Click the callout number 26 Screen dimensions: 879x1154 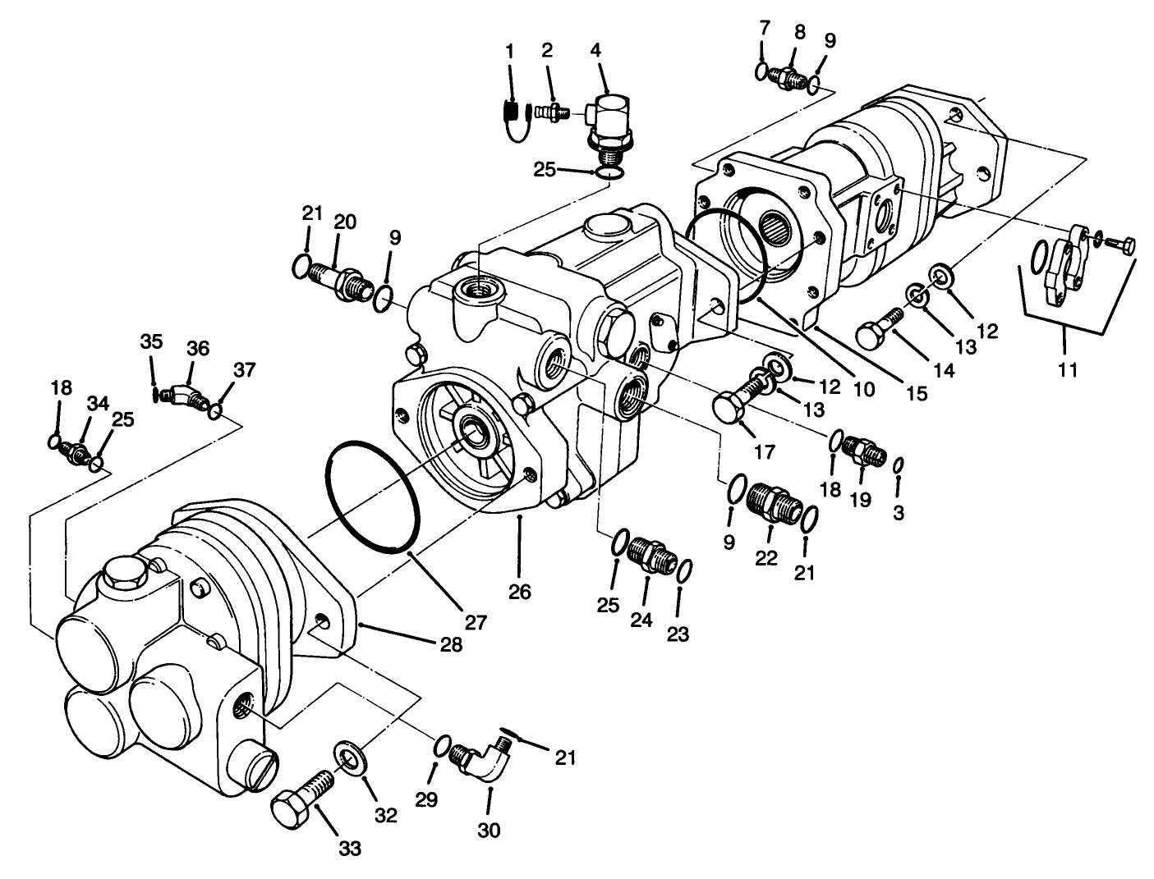[x=520, y=591]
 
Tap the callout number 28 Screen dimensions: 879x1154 [x=449, y=644]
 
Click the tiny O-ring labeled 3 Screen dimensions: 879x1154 [x=899, y=465]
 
